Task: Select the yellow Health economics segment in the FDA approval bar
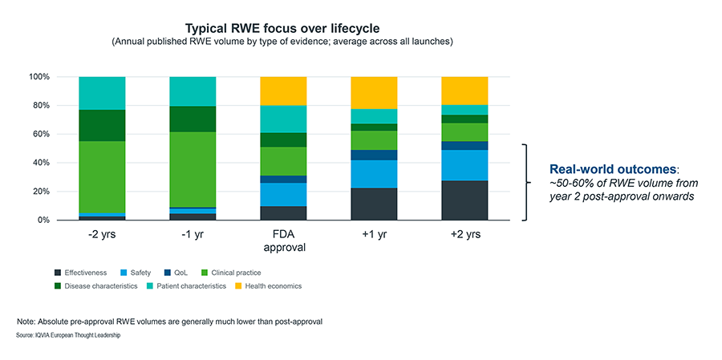point(283,91)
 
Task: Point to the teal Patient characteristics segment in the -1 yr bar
point(193,91)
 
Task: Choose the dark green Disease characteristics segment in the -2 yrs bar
point(102,126)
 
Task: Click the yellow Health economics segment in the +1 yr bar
point(374,93)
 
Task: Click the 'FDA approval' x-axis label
point(283,241)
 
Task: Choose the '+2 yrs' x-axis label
point(464,236)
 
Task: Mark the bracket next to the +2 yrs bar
point(526,182)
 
